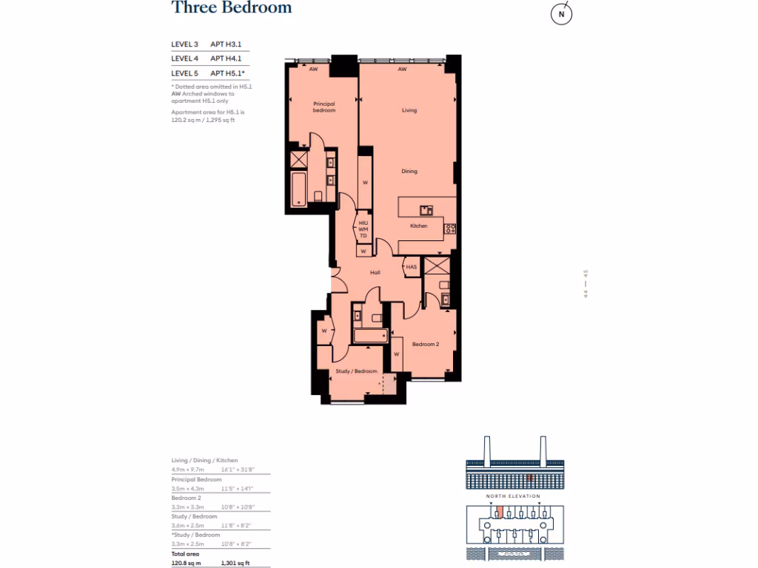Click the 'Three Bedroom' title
(x=232, y=8)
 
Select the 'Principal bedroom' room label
(x=324, y=106)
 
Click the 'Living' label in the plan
(x=409, y=110)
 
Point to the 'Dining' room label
(x=409, y=172)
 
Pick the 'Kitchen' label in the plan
(x=418, y=226)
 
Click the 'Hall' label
(x=375, y=273)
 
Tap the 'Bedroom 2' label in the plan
(x=426, y=344)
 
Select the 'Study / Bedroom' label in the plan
(x=356, y=371)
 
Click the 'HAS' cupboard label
(x=411, y=266)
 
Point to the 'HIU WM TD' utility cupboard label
(x=363, y=229)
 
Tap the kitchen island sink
(x=426, y=210)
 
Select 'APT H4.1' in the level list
(x=227, y=58)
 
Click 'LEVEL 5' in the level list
(x=184, y=73)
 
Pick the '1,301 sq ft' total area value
(x=235, y=562)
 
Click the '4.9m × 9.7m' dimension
(x=188, y=469)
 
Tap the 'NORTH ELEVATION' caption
(x=513, y=496)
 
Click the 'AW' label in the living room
(x=402, y=70)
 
